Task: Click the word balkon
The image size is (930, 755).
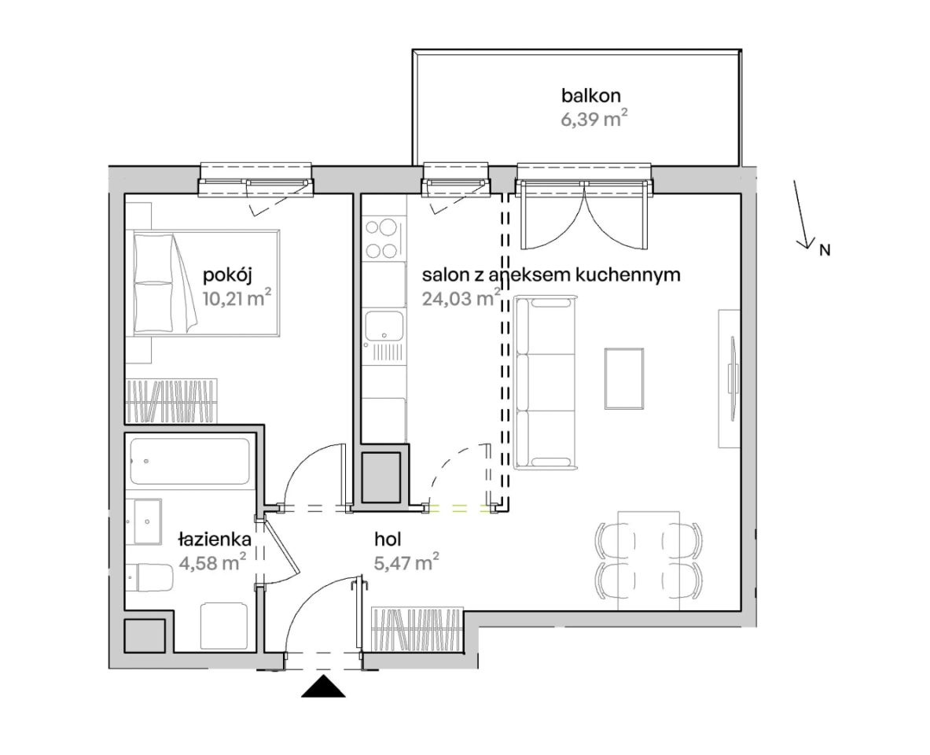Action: (590, 95)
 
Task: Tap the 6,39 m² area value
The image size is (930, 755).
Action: (594, 119)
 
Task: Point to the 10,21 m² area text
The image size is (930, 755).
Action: (237, 296)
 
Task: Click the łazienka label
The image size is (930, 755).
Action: (214, 540)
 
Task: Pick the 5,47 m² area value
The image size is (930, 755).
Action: (407, 562)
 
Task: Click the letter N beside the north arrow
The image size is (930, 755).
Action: (825, 250)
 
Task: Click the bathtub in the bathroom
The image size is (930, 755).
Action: (189, 461)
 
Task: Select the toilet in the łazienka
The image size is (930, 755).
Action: (150, 577)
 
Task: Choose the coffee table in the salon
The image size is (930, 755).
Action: (624, 379)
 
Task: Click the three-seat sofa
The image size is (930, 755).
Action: (546, 384)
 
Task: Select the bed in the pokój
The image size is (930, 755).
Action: (206, 283)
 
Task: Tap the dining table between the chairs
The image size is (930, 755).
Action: (649, 560)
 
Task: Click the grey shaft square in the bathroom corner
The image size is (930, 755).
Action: (144, 635)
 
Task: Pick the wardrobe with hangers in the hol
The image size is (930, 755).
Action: (417, 628)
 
